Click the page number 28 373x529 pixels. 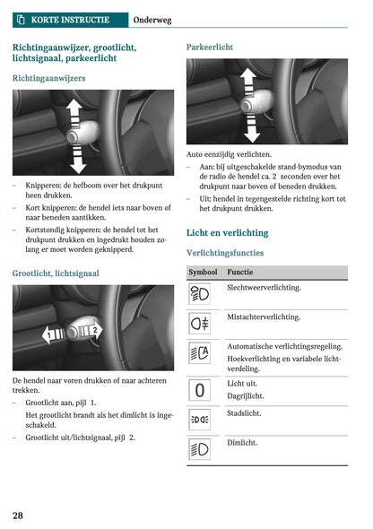tap(18, 515)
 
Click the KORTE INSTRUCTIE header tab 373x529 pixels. tap(69, 19)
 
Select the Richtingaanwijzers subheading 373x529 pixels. tap(49, 79)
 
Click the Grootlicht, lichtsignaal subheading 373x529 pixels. tap(56, 273)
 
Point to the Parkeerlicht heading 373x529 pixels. tap(210, 46)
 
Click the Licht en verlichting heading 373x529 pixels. tap(227, 232)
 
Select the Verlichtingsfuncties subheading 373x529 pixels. tap(230, 253)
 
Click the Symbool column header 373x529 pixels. tap(203, 272)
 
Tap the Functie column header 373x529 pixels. tap(239, 272)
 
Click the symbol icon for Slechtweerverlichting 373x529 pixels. tap(200, 294)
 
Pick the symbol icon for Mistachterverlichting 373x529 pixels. tap(200, 323)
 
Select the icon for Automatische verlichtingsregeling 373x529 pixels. tap(200, 353)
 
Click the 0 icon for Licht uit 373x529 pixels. tap(200, 389)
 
